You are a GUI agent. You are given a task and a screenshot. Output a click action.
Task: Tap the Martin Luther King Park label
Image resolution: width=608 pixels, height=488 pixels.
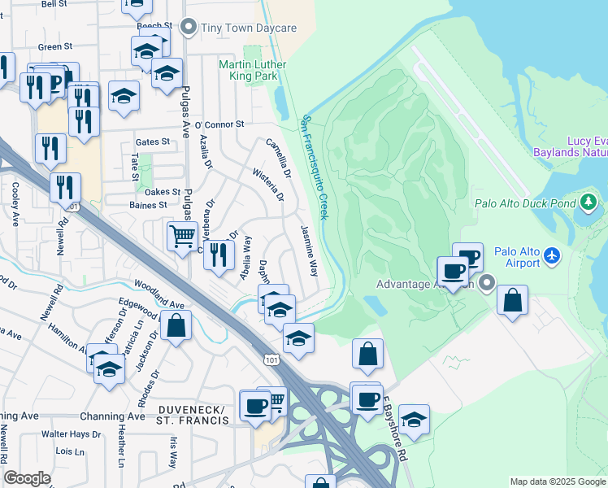point(250,70)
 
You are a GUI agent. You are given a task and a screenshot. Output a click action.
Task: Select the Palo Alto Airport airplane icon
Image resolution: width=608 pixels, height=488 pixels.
point(553,256)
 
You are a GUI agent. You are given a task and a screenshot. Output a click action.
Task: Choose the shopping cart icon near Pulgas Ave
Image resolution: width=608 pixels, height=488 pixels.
point(182,237)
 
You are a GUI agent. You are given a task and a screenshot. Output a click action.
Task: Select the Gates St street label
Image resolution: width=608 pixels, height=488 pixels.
point(153,142)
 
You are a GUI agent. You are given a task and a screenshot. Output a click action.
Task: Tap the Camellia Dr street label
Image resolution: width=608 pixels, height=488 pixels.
point(279,158)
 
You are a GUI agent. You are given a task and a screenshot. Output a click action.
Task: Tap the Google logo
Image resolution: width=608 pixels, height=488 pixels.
point(28,478)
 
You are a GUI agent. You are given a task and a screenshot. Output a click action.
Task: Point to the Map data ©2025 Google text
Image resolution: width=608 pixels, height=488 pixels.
point(557,481)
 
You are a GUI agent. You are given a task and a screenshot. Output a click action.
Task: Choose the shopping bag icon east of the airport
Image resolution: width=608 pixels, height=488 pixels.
point(512,300)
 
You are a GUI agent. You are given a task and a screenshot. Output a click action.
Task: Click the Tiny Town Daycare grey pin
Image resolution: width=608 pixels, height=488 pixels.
point(189,28)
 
